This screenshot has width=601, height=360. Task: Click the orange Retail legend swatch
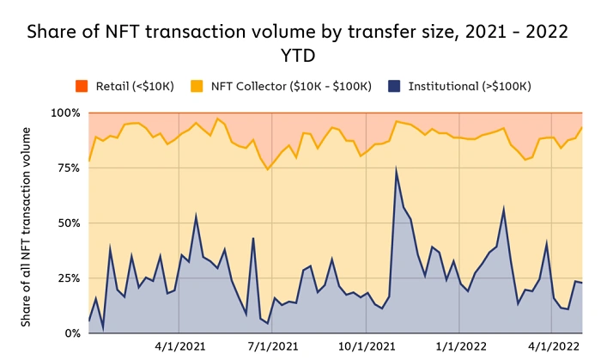[x=82, y=87]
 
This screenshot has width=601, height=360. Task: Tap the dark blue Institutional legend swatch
[x=392, y=87]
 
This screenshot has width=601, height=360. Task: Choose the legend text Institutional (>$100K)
[x=469, y=87]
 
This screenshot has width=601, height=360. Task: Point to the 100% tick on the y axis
[x=64, y=113]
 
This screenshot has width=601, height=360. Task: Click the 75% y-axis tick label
[x=68, y=168]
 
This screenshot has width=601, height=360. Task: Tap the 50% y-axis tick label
[x=68, y=223]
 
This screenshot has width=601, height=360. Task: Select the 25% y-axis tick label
[x=68, y=278]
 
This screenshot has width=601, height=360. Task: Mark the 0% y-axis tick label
[x=71, y=333]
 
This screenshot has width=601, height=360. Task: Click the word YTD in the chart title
[x=300, y=56]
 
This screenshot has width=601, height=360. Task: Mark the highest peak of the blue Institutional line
[x=396, y=168]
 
